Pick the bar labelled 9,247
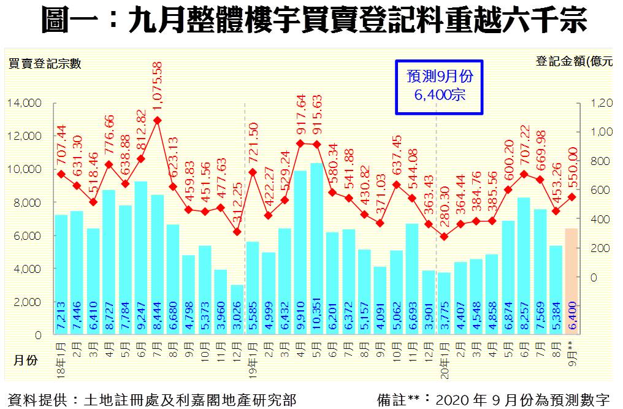141,258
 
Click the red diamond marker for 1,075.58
158,120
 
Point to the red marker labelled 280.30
444,236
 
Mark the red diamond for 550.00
571,197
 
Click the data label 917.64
300,117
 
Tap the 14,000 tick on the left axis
25,103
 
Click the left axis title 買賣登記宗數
44,63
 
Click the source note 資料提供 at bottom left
151,400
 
